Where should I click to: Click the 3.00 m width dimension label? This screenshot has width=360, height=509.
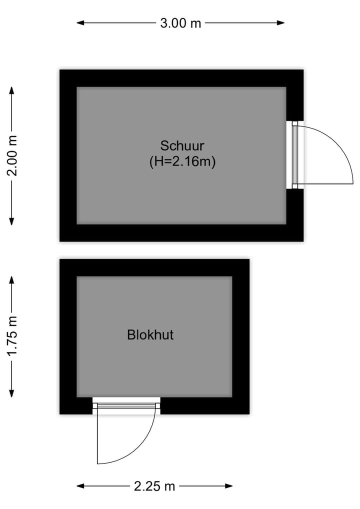(180, 23)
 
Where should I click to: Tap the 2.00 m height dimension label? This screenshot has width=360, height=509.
(12, 156)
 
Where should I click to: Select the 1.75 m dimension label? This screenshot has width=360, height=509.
(12, 335)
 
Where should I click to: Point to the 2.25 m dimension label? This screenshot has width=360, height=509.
(154, 486)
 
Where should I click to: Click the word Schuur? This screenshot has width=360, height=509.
(182, 146)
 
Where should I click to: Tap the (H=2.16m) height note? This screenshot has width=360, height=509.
(182, 161)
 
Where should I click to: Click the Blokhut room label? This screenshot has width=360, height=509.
(150, 334)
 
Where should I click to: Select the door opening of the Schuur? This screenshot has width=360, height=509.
(295, 155)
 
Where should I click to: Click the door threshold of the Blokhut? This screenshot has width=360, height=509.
(126, 405)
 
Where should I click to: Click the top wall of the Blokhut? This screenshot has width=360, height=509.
(154, 267)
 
